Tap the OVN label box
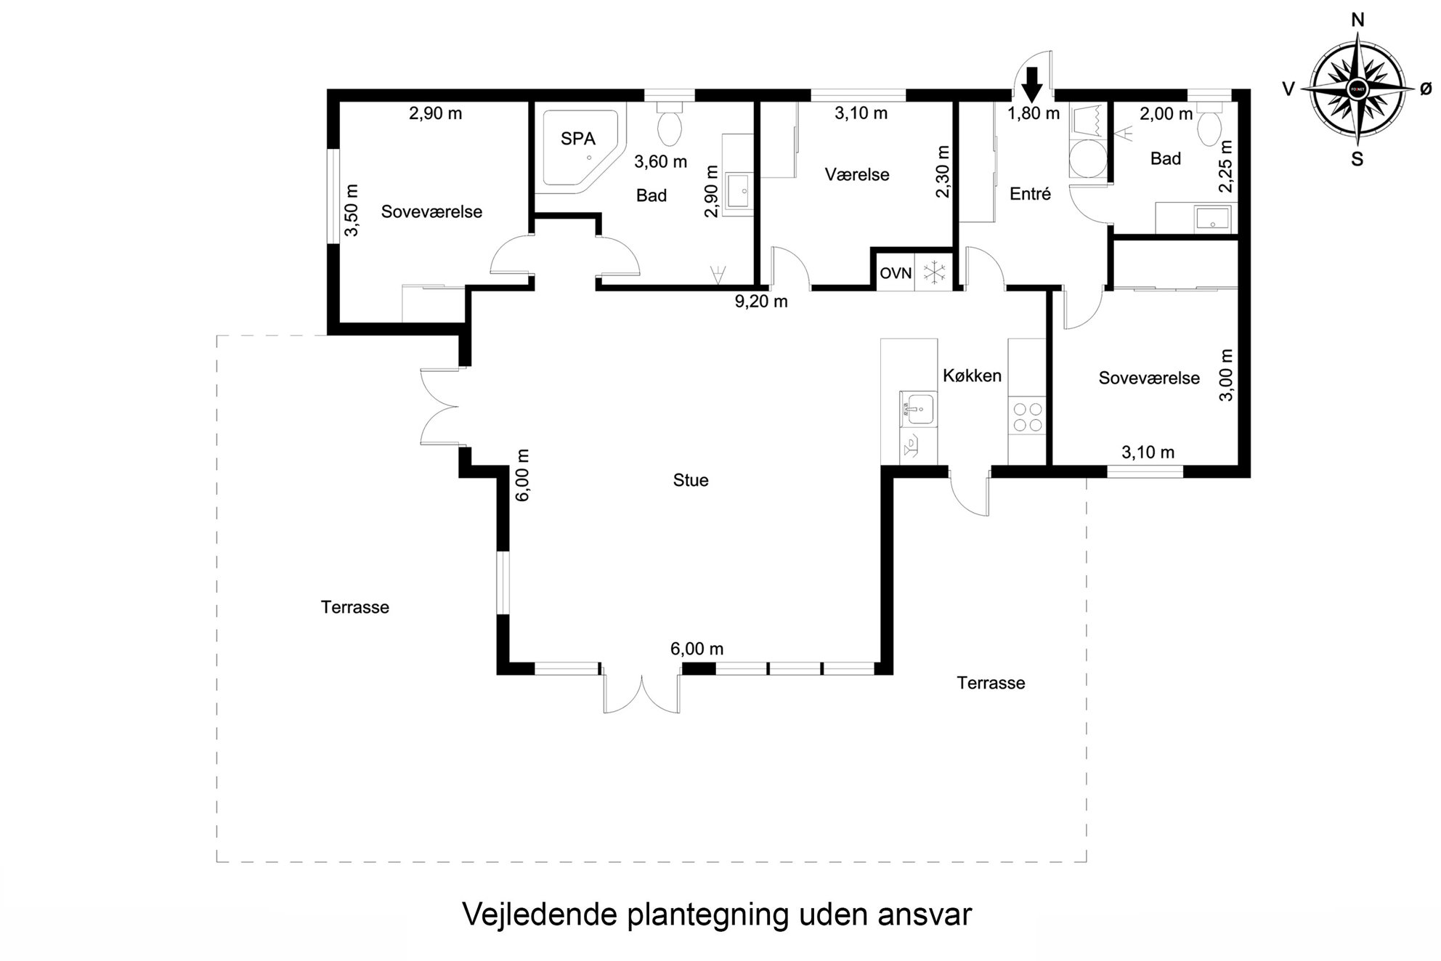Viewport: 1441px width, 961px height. (896, 273)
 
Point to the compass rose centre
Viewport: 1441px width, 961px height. (1357, 89)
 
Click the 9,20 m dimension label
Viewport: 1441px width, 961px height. (761, 301)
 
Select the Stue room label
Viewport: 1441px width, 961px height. (690, 480)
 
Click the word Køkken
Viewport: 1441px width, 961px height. (972, 376)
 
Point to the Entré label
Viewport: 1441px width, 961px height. (1030, 194)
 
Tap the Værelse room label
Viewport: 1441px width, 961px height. (857, 174)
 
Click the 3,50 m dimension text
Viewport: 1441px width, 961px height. (352, 211)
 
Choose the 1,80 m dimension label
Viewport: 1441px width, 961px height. (1034, 113)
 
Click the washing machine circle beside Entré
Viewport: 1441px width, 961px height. (1087, 158)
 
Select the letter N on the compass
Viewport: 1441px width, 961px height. (1357, 20)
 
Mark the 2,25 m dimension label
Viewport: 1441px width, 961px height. (1226, 166)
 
